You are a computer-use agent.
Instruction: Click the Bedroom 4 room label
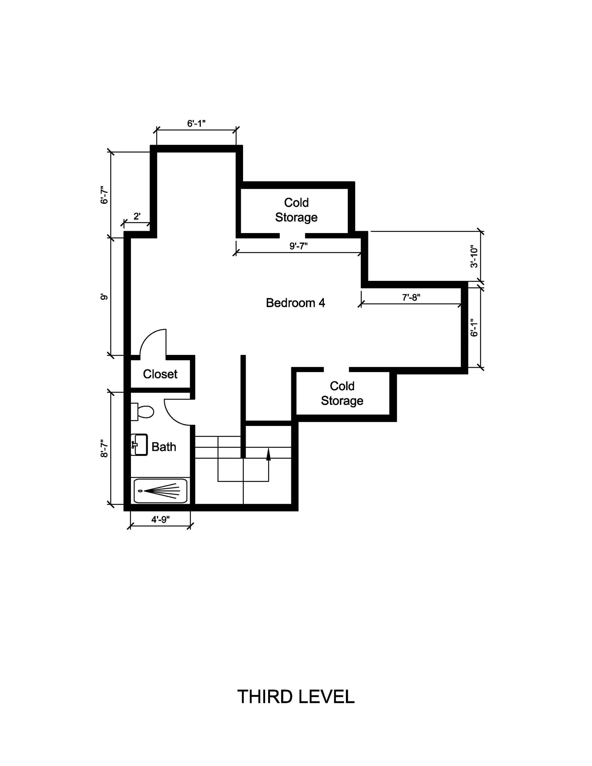(295, 303)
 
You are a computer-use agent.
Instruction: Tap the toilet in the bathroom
(143, 412)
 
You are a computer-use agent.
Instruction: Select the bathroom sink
(139, 445)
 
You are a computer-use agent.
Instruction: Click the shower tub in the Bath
(160, 491)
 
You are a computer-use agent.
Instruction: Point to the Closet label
(160, 374)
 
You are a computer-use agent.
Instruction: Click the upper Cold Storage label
(296, 210)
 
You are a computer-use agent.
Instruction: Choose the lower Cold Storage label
(342, 393)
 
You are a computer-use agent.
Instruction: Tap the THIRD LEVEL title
(295, 697)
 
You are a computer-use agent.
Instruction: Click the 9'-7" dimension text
(298, 246)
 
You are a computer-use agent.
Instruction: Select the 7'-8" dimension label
(411, 297)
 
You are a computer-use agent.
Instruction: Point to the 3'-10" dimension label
(474, 257)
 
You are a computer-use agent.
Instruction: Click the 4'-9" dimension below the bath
(160, 519)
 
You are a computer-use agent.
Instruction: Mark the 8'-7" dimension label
(104, 448)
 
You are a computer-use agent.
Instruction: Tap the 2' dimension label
(137, 216)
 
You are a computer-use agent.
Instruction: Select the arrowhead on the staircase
(268, 454)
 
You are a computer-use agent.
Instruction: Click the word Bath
(164, 447)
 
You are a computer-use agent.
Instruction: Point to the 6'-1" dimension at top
(196, 123)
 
